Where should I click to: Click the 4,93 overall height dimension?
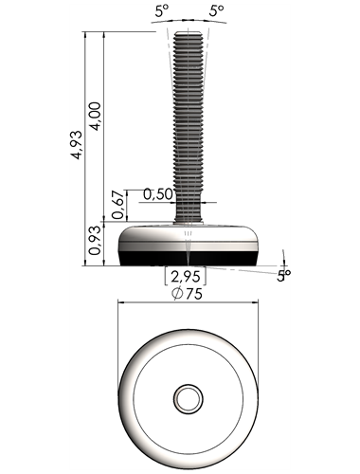[x=77, y=145]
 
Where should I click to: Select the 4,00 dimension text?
[x=95, y=116]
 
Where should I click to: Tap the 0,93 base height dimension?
[x=95, y=241]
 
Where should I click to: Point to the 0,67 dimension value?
[x=117, y=205]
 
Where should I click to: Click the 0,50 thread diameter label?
[x=158, y=194]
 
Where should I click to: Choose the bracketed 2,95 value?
[x=186, y=277]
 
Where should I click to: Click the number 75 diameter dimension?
[x=193, y=294]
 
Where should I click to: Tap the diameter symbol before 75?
[x=177, y=294]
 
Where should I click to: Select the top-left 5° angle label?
[x=162, y=11]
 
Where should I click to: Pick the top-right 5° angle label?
[x=216, y=11]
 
